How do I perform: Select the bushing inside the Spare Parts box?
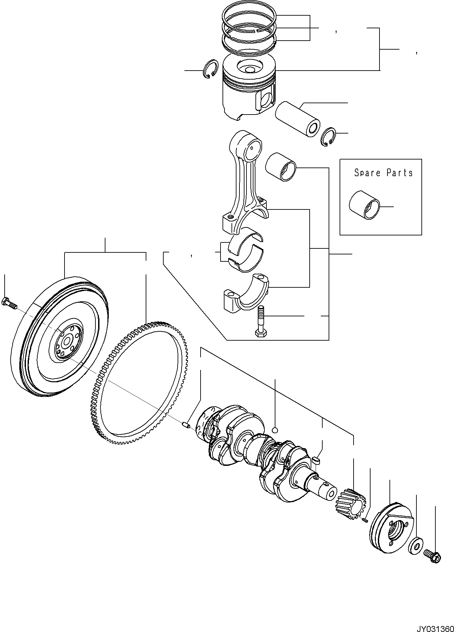coord(364,205)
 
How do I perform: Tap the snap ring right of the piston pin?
coord(329,137)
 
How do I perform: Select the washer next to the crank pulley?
coord(415,545)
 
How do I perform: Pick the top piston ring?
coord(249,16)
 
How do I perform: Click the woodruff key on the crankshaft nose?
coord(316,460)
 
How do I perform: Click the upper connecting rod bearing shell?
coord(246,238)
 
